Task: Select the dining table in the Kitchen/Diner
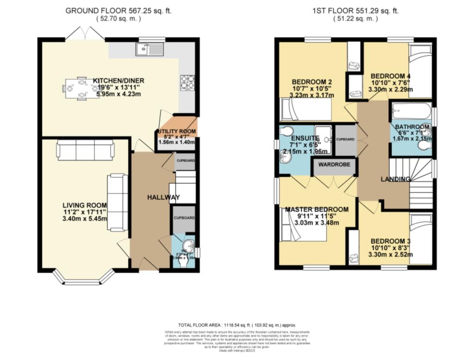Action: pos(76,88)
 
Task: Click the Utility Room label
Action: pos(177,132)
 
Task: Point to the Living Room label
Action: pos(85,205)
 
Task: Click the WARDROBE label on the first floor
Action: pos(334,164)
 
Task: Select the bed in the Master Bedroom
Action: pos(303,226)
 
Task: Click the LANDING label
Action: pos(395,179)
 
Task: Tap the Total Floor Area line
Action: pos(237,325)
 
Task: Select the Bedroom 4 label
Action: pos(391,76)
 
